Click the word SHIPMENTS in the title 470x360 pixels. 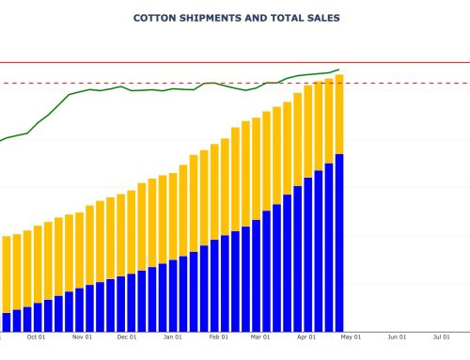click(x=210, y=18)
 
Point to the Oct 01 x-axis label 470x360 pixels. click(x=37, y=337)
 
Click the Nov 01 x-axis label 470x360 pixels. click(x=82, y=337)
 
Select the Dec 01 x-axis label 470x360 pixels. click(x=127, y=337)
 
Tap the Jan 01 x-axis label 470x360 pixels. click(x=172, y=337)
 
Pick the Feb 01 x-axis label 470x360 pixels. click(x=218, y=337)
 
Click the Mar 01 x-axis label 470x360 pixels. click(x=260, y=337)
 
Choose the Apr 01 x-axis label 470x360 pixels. click(x=306, y=337)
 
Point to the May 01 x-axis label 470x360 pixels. click(x=351, y=337)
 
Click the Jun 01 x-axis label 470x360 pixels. click(x=397, y=337)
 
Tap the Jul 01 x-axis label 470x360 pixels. click(x=441, y=337)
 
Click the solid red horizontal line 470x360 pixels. click(x=404, y=63)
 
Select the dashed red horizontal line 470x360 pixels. click(x=404, y=83)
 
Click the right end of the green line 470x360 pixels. click(x=338, y=70)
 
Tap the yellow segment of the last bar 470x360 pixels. click(x=338, y=114)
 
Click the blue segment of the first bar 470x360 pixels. click(x=7, y=321)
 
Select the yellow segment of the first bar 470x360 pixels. click(x=7, y=274)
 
